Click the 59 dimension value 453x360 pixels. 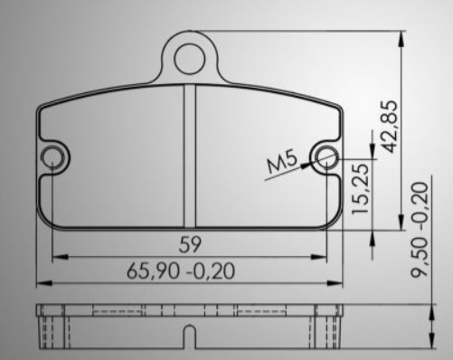point(190,244)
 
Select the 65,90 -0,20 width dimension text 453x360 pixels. point(181,271)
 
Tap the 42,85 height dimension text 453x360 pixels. point(389,127)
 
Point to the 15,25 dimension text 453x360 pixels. point(360,188)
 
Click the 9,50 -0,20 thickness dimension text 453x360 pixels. point(420,229)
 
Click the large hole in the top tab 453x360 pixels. point(190,59)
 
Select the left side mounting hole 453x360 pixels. point(52,157)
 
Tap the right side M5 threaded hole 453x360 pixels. point(326,157)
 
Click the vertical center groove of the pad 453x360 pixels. point(190,156)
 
